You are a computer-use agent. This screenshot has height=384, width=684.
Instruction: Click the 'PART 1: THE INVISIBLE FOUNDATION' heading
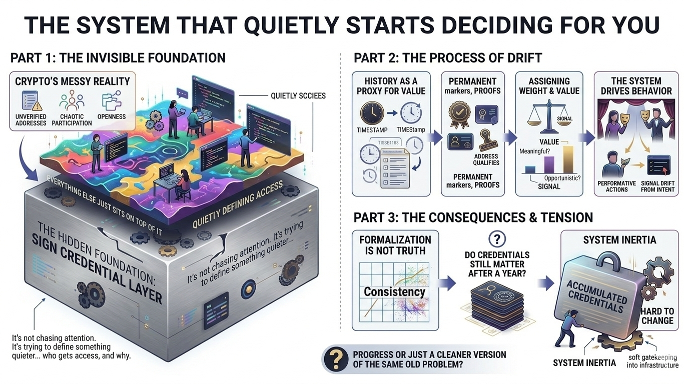118,58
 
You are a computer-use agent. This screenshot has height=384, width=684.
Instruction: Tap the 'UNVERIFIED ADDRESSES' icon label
31,119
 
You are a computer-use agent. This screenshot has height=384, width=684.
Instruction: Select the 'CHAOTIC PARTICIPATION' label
72,119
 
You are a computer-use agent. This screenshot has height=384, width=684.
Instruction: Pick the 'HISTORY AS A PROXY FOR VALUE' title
391,86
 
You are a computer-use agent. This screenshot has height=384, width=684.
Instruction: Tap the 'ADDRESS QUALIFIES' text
486,159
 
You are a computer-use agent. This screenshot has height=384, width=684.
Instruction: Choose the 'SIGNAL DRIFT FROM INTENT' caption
657,186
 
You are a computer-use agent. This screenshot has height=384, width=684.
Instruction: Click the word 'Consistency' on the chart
394,291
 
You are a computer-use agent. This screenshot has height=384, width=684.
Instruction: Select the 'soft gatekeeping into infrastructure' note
652,361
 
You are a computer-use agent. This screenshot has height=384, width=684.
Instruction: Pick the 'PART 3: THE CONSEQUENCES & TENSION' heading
473,217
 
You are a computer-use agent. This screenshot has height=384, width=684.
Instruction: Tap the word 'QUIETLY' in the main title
269,24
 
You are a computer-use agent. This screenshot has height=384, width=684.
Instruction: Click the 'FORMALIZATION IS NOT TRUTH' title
395,244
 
